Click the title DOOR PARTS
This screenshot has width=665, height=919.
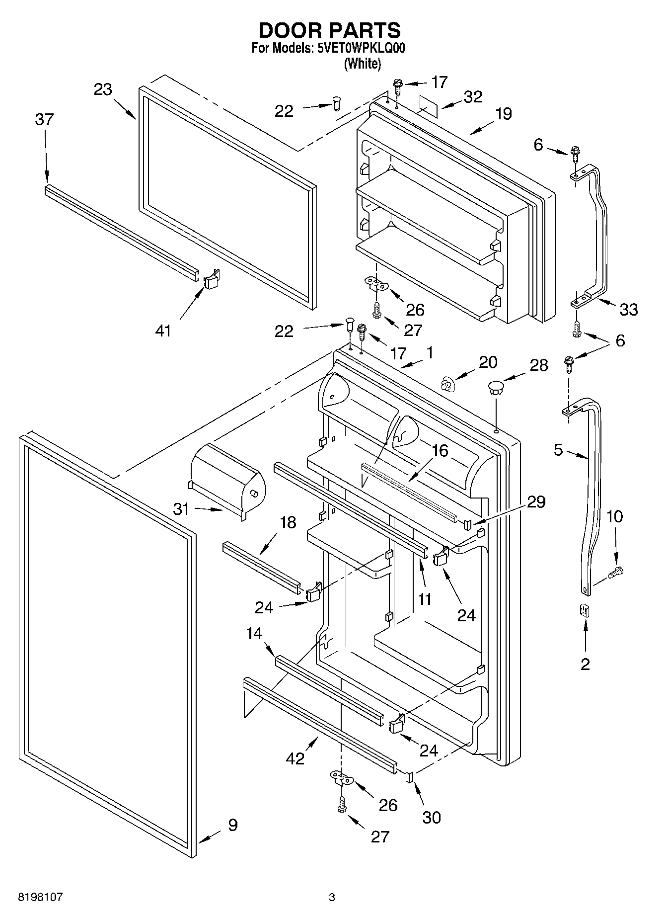point(329,30)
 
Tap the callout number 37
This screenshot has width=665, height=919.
point(44,120)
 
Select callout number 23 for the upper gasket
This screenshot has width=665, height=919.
point(103,90)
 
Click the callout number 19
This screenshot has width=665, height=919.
point(503,114)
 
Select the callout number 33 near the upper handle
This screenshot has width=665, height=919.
point(628,309)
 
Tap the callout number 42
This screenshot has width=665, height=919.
point(295,759)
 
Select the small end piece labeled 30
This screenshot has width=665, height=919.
point(410,777)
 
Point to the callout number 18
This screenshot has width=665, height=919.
point(288,522)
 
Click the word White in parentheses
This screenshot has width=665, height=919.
point(363,64)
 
